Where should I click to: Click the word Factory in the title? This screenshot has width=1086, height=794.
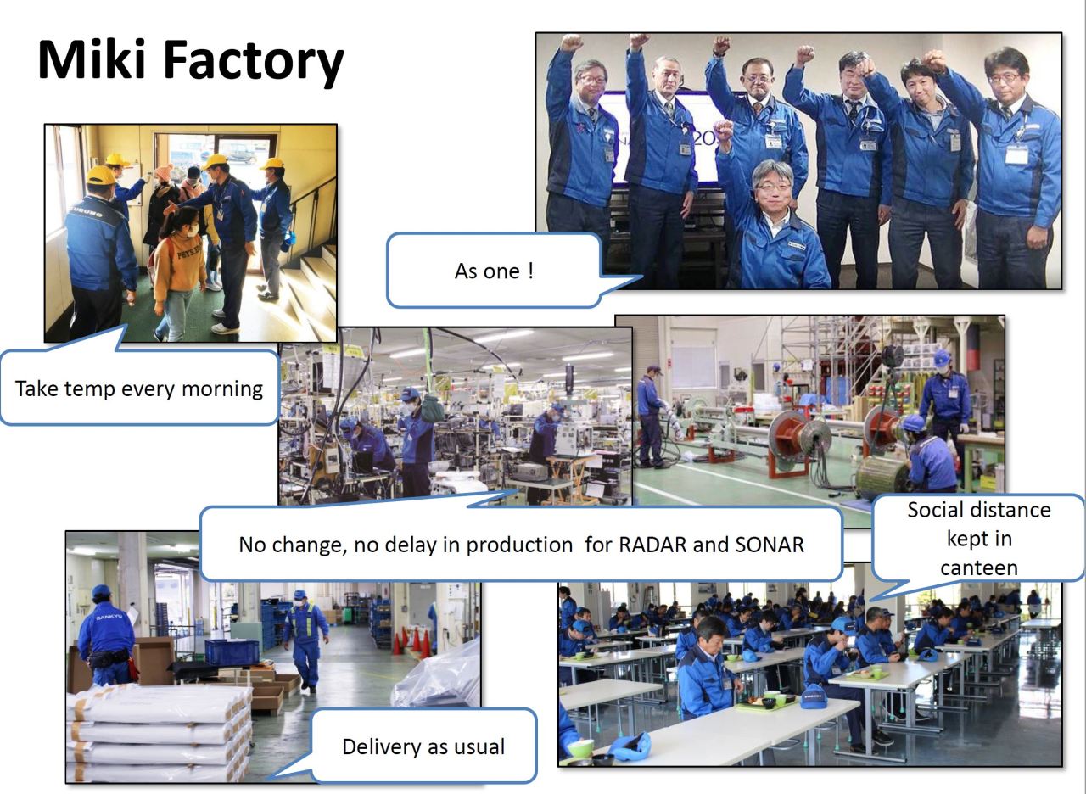pos(254,63)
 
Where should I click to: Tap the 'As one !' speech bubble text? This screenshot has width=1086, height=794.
pos(494,271)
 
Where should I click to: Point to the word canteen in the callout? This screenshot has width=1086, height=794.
pos(979,568)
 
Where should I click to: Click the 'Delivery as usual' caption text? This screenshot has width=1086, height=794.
pos(423,746)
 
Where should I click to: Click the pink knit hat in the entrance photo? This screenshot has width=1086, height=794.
pos(164,172)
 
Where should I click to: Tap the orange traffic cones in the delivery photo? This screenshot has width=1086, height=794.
pos(412,640)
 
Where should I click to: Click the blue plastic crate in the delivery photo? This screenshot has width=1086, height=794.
pos(232,651)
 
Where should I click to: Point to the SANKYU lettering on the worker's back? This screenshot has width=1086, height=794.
pos(109,617)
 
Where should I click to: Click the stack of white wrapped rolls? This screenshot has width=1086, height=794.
pos(160,732)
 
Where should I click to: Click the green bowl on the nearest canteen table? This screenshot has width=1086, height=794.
pos(579,748)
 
